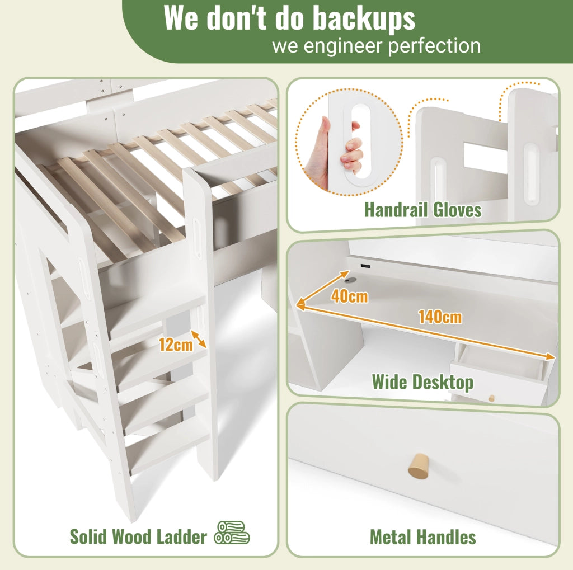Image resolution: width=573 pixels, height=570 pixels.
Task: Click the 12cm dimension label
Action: pyautogui.click(x=176, y=345)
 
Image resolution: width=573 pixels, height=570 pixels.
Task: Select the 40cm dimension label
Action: pyautogui.click(x=349, y=296)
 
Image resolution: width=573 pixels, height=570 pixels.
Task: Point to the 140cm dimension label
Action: pyautogui.click(x=440, y=317)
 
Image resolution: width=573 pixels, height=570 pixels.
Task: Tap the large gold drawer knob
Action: pyautogui.click(x=419, y=466)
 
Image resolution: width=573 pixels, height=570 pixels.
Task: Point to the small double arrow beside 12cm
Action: pyautogui.click(x=199, y=339)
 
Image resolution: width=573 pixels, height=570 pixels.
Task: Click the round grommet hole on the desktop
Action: pyautogui.click(x=351, y=280)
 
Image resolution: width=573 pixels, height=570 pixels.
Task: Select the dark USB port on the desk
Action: pyautogui.click(x=364, y=266)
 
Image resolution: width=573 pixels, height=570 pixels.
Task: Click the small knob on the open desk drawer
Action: pyautogui.click(x=491, y=398)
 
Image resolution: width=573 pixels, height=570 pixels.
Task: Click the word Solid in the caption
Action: pyautogui.click(x=88, y=537)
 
